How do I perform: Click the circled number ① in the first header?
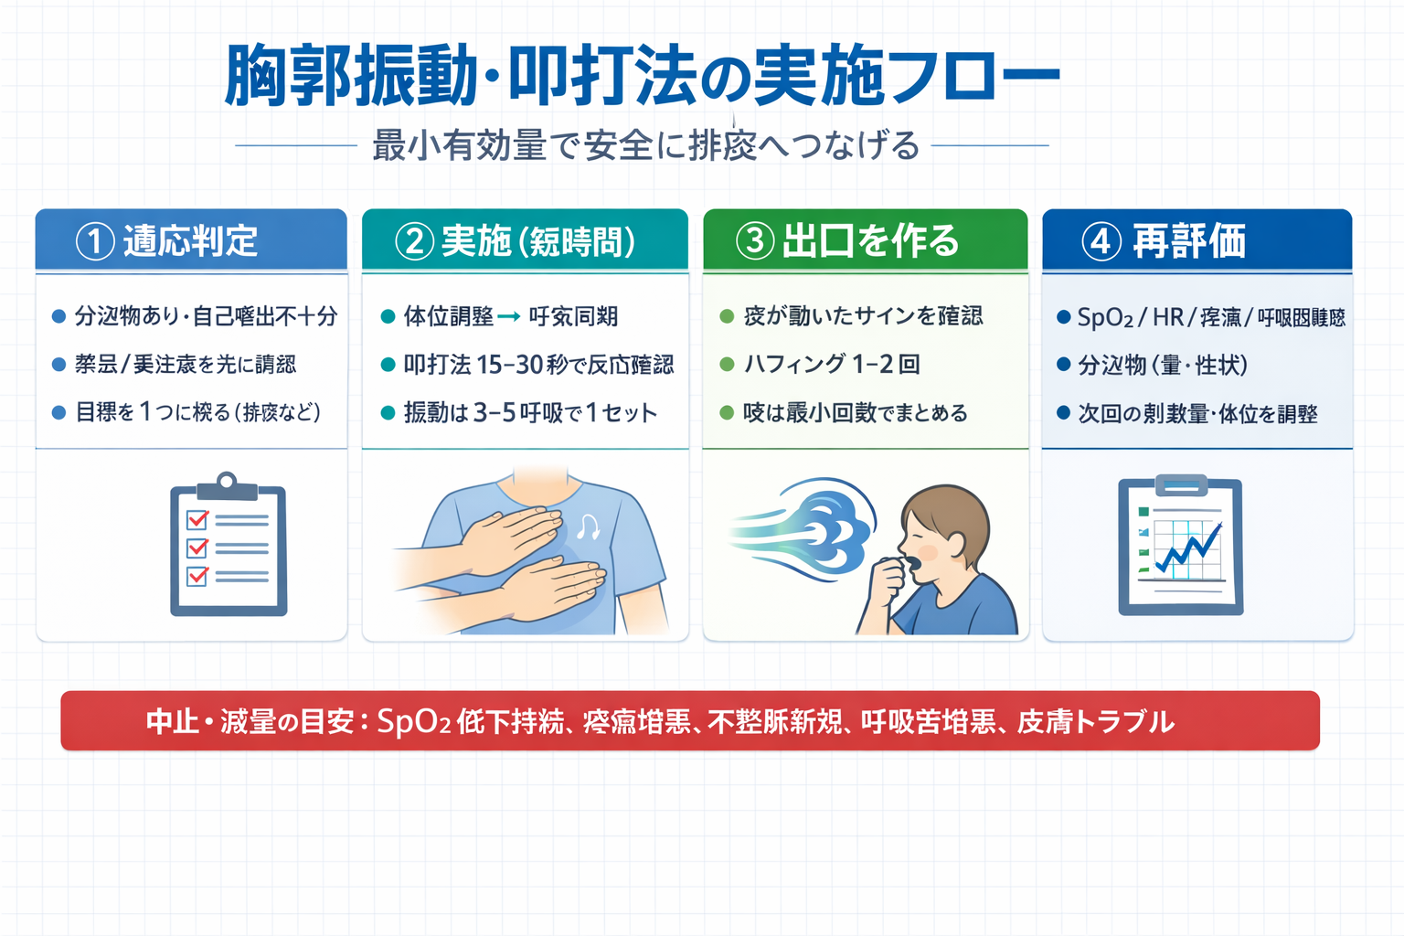tap(94, 241)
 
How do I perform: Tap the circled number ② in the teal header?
tap(414, 241)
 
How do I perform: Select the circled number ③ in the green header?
tap(755, 240)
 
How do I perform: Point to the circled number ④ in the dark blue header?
tap(1101, 241)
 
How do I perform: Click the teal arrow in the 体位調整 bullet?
tap(509, 316)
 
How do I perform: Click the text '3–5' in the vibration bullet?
tap(495, 413)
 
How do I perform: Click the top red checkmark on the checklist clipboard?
tap(197, 519)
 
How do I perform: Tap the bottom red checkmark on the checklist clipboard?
tap(197, 576)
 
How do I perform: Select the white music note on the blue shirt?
tap(587, 526)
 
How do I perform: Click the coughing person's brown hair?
tap(951, 512)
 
